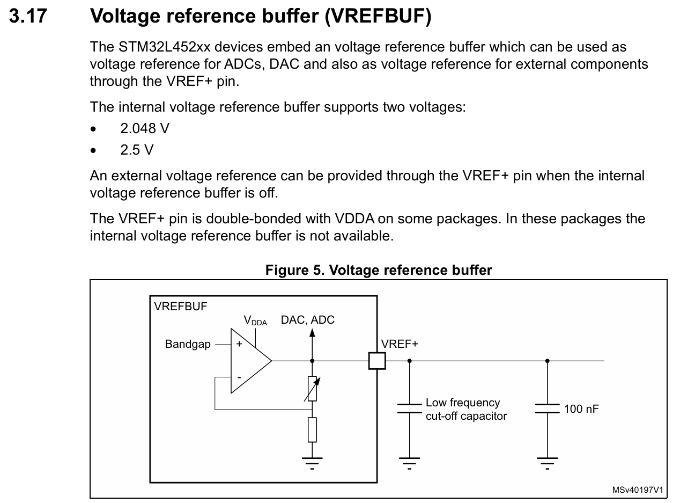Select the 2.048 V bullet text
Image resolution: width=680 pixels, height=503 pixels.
(x=145, y=128)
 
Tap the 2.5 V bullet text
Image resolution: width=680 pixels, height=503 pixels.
(x=137, y=150)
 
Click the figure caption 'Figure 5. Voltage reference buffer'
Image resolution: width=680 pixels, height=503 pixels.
(x=378, y=270)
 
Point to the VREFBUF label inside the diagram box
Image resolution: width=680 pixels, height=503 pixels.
(x=180, y=307)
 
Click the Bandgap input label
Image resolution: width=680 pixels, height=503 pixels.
(x=188, y=345)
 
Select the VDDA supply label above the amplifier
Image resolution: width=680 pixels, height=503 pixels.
(x=255, y=321)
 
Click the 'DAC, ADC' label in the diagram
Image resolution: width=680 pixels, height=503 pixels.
(x=307, y=320)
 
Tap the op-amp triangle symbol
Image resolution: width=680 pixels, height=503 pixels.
(x=249, y=361)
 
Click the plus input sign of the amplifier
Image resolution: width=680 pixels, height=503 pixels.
(x=239, y=345)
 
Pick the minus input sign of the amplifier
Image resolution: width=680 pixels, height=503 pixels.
(x=239, y=378)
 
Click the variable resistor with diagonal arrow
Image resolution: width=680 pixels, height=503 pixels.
(x=312, y=389)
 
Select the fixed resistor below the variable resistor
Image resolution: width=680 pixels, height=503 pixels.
(x=312, y=429)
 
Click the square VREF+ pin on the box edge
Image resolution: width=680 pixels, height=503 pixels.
(x=377, y=361)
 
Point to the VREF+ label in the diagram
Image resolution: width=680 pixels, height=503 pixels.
(x=399, y=344)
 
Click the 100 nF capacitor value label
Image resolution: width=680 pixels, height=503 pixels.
(x=581, y=409)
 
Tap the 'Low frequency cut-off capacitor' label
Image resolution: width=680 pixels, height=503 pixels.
(x=465, y=409)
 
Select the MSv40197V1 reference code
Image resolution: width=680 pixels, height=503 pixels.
(x=638, y=490)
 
